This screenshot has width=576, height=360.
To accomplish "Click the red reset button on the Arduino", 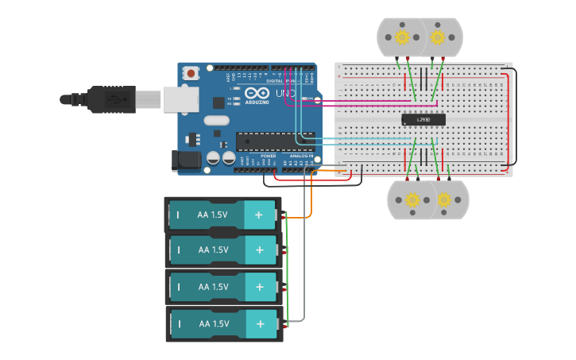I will (191, 74).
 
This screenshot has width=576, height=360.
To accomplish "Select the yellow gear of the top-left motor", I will (402, 37).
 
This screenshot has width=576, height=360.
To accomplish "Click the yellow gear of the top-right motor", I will (437, 37).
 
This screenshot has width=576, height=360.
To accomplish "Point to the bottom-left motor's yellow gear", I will (412, 199).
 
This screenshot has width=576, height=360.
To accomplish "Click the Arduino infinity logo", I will (257, 94).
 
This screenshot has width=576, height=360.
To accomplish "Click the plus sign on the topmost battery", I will (258, 215).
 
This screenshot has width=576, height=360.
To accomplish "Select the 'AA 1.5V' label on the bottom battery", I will (213, 324).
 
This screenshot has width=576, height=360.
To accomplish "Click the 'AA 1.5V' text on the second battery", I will (213, 250).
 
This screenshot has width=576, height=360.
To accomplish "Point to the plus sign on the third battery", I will (258, 287).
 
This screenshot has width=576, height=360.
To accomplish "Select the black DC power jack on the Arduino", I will (187, 160).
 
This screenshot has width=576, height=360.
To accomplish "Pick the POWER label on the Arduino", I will (269, 156).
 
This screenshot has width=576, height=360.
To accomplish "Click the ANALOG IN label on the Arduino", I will (301, 156).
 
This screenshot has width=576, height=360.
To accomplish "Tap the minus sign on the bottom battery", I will (178, 324).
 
